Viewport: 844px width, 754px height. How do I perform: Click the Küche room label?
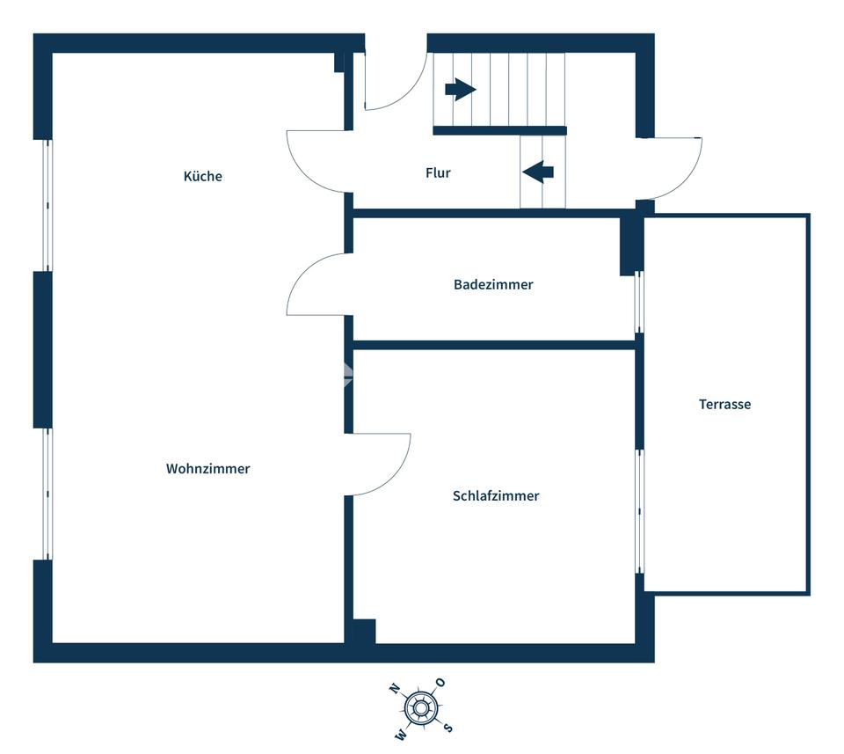pos(202,176)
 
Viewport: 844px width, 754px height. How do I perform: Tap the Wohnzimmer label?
pos(207,469)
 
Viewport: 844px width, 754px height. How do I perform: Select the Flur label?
pos(438,172)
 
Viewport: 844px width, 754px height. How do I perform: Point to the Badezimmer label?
pos(493,284)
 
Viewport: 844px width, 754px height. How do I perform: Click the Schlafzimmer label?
pos(496,495)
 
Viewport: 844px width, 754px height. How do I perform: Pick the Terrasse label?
pos(724,404)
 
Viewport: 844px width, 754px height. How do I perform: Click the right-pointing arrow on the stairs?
pos(460,89)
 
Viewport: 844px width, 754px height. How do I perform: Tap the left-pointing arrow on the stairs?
pos(538,172)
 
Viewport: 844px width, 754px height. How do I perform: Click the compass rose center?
pos(421,707)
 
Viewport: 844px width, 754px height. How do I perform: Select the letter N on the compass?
pos(394,689)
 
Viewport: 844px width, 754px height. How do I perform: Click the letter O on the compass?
pos(440,683)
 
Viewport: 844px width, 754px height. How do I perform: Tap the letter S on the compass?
pos(447,728)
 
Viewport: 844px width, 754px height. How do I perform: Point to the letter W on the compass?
pos(401,734)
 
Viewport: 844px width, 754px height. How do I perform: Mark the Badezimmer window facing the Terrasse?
pos(639,302)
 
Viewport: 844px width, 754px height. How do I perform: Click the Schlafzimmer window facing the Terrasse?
pos(639,511)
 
